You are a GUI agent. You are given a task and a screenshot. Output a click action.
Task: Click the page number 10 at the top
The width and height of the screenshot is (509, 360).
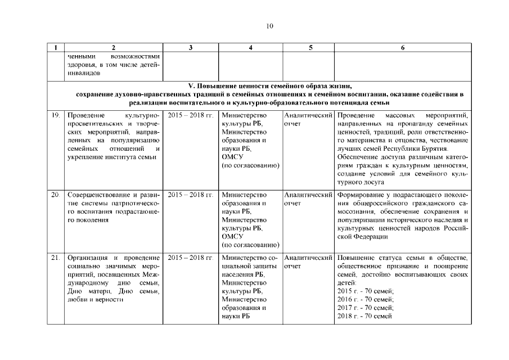click(269, 25)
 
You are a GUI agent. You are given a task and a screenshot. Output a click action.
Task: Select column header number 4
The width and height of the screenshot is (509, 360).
click(250, 48)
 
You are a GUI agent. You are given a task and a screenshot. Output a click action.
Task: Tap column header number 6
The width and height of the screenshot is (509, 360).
click(403, 48)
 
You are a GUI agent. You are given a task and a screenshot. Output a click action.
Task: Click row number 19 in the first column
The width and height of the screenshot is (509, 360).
click(55, 115)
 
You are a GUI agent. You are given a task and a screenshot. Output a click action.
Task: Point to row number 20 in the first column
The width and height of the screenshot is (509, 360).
click(55, 195)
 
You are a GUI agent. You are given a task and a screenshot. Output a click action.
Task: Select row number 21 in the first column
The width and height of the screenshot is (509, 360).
click(55, 258)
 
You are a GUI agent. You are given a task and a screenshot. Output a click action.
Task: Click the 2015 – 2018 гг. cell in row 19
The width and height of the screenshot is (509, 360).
click(191, 115)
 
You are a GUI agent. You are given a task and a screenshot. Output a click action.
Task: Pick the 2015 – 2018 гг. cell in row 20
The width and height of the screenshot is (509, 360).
click(191, 195)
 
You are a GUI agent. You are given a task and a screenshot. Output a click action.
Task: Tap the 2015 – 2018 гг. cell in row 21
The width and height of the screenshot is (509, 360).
click(191, 258)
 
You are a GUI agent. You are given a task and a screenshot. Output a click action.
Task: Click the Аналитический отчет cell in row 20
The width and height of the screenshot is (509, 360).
click(308, 199)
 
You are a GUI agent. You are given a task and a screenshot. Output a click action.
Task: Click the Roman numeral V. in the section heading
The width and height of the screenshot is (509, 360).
click(191, 86)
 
